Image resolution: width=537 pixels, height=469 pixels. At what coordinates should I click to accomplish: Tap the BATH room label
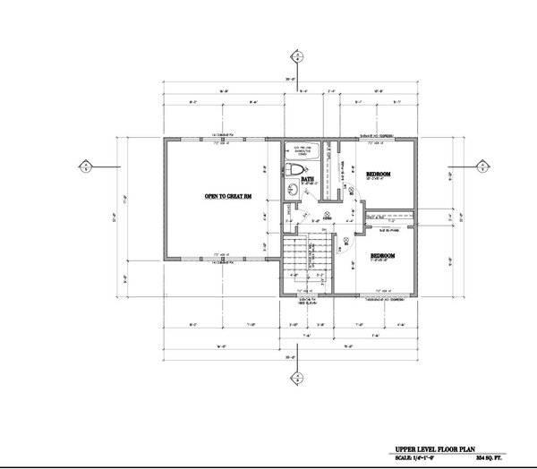coord(308,179)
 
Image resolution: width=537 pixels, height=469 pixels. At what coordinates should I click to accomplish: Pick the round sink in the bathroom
coord(292,188)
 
